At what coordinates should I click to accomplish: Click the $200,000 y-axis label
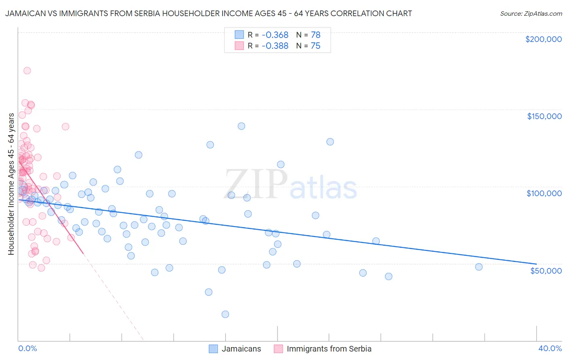click(543, 39)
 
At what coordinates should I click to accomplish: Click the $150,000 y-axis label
click(544, 116)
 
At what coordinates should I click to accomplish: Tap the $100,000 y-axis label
click(544, 193)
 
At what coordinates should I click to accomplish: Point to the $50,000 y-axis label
click(546, 270)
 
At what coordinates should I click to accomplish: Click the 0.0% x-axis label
click(27, 348)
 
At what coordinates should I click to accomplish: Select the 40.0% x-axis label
click(550, 348)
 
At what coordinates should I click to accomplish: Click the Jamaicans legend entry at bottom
click(241, 349)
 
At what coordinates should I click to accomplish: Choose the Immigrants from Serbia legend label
click(329, 349)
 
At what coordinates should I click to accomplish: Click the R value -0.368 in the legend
click(275, 35)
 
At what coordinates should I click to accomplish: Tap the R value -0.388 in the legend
click(275, 46)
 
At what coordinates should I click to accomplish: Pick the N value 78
click(315, 35)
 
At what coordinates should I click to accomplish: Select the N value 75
click(315, 46)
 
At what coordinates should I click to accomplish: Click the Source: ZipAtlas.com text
click(531, 14)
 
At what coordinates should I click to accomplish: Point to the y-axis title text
click(11, 184)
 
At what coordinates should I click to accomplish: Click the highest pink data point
click(27, 71)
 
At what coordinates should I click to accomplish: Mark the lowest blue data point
click(225, 314)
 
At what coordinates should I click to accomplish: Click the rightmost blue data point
click(479, 267)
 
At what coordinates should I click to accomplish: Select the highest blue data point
click(241, 126)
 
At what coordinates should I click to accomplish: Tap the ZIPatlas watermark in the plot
click(290, 185)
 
